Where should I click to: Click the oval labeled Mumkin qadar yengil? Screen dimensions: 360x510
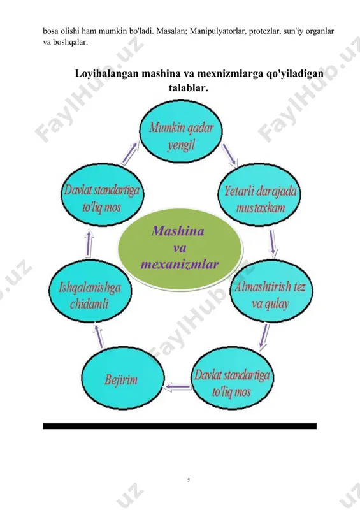(x=181, y=131)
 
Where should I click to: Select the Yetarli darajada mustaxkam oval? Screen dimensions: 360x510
(x=259, y=194)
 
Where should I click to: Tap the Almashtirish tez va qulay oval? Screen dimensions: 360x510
(x=271, y=291)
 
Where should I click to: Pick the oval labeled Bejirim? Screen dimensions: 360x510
(x=122, y=378)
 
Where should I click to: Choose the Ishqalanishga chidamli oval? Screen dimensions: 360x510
(x=90, y=291)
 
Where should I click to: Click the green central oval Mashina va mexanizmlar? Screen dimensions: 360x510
(x=180, y=249)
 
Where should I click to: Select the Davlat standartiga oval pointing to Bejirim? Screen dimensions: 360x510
(x=232, y=378)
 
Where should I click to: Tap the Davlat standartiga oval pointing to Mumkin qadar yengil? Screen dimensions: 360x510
(x=103, y=195)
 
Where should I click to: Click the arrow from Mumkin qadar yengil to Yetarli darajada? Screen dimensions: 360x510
(x=229, y=155)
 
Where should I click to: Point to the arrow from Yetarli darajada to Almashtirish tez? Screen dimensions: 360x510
(x=273, y=244)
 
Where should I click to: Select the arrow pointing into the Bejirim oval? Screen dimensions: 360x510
(x=178, y=387)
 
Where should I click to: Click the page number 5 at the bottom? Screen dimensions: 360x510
(x=189, y=480)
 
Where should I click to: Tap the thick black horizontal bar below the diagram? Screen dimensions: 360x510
(x=180, y=426)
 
